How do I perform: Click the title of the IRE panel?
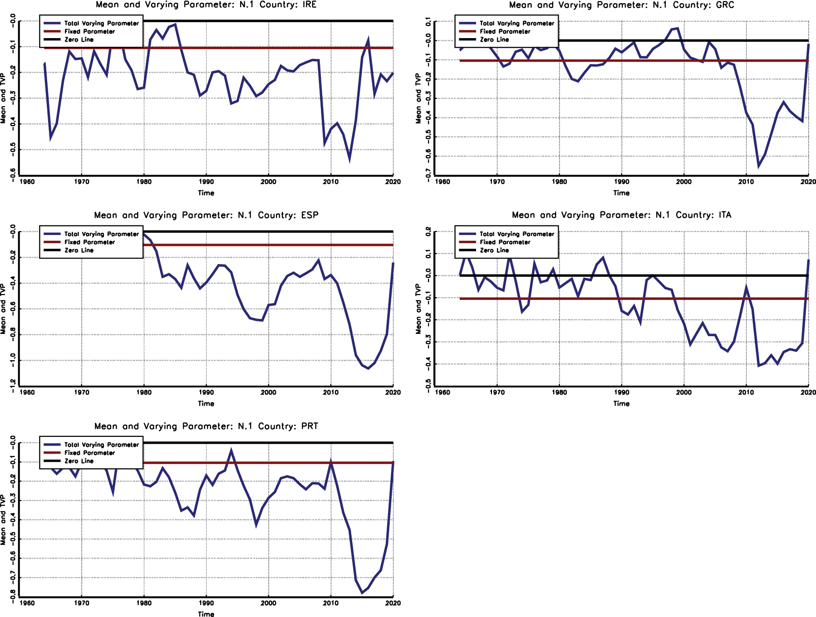pyautogui.click(x=206, y=5)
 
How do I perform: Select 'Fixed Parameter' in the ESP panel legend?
pyautogui.click(x=89, y=242)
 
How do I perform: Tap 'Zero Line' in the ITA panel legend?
pyautogui.click(x=494, y=250)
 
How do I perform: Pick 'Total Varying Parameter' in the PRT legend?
pyautogui.click(x=101, y=445)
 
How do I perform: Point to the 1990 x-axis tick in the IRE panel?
pyautogui.click(x=206, y=182)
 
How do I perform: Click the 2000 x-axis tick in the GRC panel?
pyautogui.click(x=683, y=182)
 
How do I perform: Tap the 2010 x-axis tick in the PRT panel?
pyautogui.click(x=330, y=603)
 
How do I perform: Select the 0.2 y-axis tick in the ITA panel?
pyautogui.click(x=428, y=231)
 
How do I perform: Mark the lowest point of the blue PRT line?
pyautogui.click(x=362, y=593)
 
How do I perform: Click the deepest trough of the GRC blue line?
pyautogui.click(x=759, y=166)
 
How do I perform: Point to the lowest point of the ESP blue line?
pyautogui.click(x=368, y=368)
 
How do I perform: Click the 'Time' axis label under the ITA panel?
pyautogui.click(x=621, y=404)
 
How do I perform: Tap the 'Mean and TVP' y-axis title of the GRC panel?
pyautogui.click(x=418, y=98)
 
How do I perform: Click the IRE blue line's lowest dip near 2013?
pyautogui.click(x=349, y=159)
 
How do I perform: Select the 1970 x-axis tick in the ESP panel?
pyautogui.click(x=82, y=392)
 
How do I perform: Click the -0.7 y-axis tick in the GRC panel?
pyautogui.click(x=428, y=173)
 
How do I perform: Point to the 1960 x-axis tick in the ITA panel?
pyautogui.click(x=442, y=392)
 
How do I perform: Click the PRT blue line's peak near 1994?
pyautogui.click(x=231, y=451)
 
